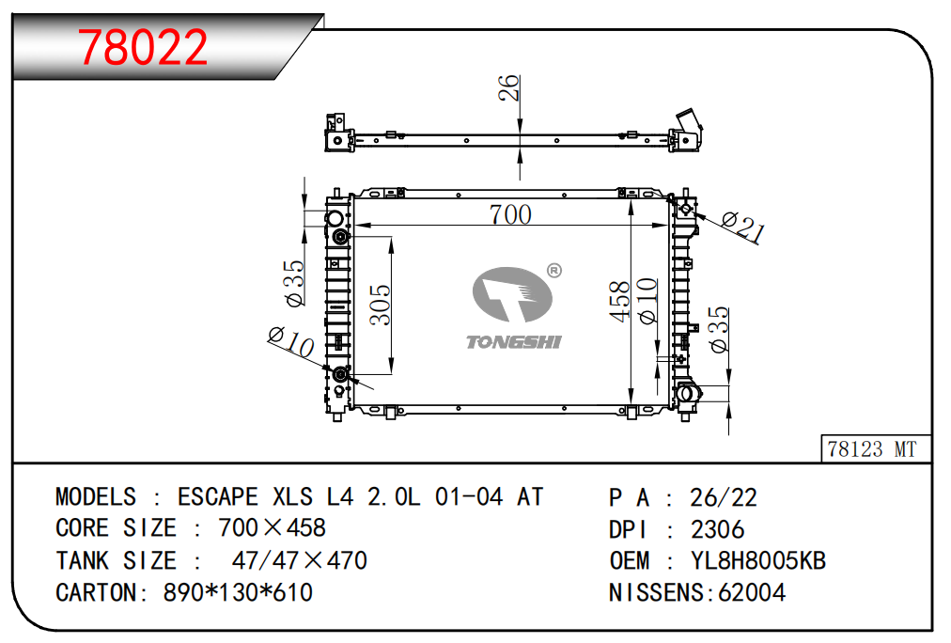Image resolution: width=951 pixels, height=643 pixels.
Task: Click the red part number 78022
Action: [143, 47]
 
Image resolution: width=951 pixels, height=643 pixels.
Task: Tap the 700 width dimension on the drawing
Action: [510, 214]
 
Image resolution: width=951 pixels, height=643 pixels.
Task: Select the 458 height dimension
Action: [619, 302]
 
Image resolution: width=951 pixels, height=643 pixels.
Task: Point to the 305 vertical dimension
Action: [380, 305]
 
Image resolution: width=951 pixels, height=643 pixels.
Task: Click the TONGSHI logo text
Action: [514, 341]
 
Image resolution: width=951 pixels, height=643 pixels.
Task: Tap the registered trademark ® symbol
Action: [553, 271]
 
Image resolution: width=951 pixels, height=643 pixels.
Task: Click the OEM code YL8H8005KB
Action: [757, 561]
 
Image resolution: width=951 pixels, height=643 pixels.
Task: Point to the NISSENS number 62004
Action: [752, 592]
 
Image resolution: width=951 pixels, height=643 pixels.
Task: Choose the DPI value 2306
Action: [717, 529]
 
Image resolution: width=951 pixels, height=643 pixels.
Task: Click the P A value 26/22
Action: [724, 497]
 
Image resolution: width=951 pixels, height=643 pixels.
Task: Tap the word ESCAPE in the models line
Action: [218, 496]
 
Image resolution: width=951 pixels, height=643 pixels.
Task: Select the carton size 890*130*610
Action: [239, 592]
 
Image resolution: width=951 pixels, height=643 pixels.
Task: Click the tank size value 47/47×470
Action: [299, 561]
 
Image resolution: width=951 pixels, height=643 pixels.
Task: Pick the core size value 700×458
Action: [272, 528]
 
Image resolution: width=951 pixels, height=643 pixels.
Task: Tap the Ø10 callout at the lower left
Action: [290, 341]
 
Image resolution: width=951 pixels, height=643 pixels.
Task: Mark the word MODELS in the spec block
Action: [96, 496]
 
